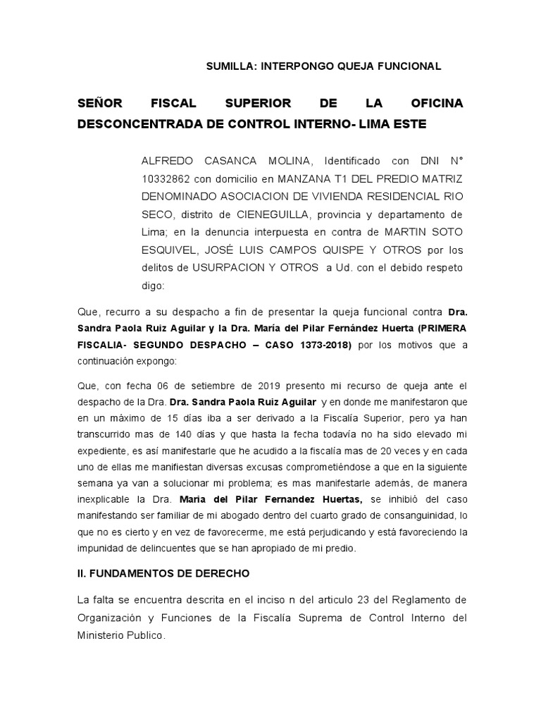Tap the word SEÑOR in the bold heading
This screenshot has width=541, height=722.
pos(100,104)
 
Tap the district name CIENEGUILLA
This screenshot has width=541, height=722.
pos(267,214)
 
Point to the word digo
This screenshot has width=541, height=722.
pos(153,286)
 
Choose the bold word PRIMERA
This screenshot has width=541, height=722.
pos(438,328)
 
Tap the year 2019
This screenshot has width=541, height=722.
pos(256,386)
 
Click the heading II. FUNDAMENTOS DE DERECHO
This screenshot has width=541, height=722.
pos(163,573)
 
